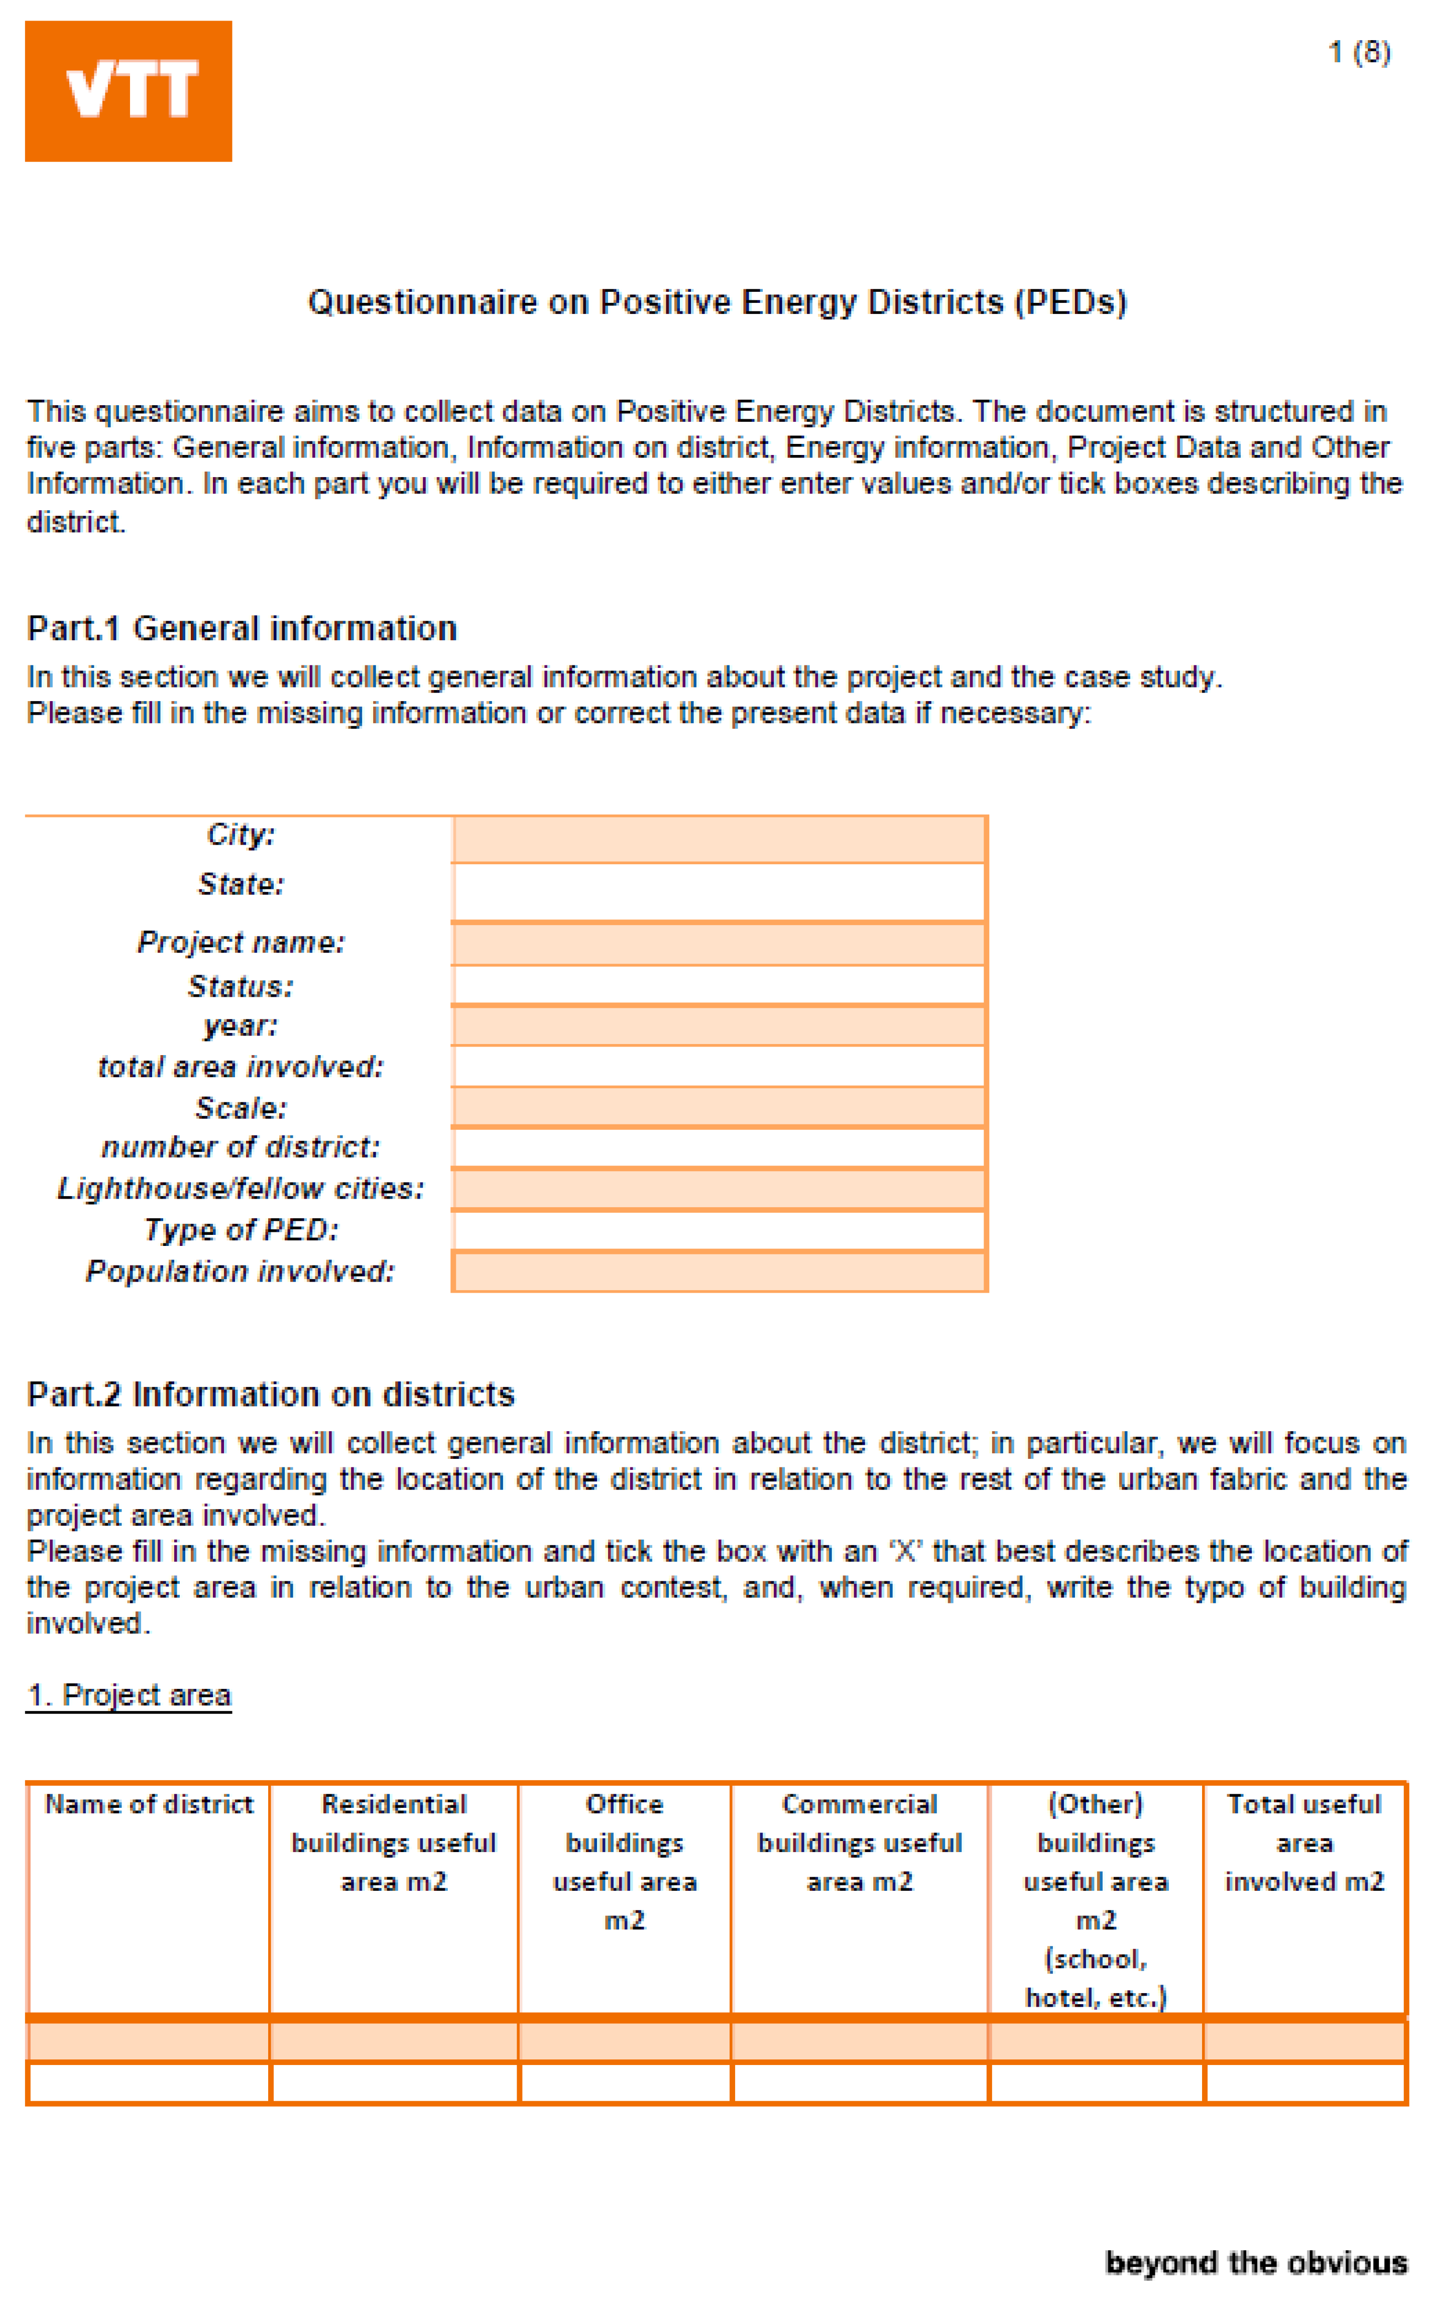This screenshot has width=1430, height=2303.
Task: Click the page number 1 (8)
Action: [x=1359, y=52]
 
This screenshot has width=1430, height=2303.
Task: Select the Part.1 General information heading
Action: [x=242, y=628]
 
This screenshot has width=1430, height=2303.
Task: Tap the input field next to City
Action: [x=719, y=839]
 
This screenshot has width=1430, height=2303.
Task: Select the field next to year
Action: [x=719, y=1025]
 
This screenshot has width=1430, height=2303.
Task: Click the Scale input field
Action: [x=719, y=1107]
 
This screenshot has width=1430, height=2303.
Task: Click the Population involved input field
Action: [x=719, y=1271]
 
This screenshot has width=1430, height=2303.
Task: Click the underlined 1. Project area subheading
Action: [x=129, y=1695]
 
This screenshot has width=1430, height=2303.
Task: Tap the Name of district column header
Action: [x=150, y=1804]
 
